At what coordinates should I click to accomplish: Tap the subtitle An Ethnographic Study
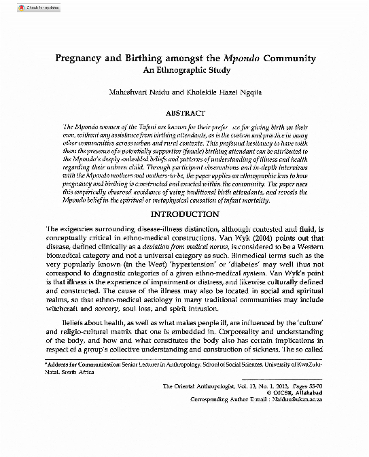[x=184, y=70]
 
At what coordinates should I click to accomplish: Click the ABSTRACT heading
[x=184, y=112]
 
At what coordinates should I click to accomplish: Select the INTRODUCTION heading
[x=184, y=215]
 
